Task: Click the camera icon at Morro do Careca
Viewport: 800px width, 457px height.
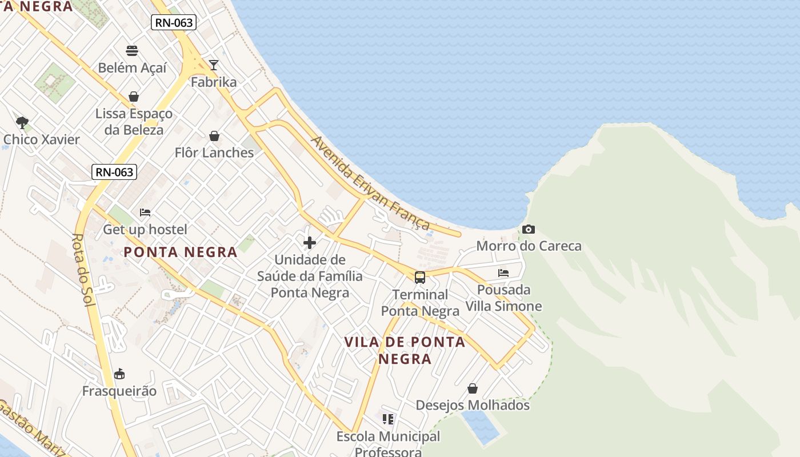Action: [x=529, y=230]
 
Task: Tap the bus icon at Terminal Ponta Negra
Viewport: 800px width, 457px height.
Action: [x=420, y=278]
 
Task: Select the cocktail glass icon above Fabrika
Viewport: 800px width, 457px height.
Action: [x=214, y=65]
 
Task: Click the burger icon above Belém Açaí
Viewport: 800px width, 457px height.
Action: [x=133, y=51]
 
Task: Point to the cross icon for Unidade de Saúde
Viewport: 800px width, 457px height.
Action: [x=310, y=243]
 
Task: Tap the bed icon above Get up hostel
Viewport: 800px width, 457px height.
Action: [x=145, y=213]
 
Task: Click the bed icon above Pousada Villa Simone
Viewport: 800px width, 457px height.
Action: [x=503, y=273]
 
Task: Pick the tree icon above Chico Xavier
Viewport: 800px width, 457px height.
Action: [x=22, y=122]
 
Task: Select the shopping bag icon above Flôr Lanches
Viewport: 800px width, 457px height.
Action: [x=214, y=136]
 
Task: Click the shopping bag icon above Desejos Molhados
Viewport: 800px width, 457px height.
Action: [x=473, y=388]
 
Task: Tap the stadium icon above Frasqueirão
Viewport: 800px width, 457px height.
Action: [x=119, y=374]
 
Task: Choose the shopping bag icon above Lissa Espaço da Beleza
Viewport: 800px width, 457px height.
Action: [x=134, y=97]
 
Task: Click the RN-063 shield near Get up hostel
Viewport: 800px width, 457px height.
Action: [x=114, y=172]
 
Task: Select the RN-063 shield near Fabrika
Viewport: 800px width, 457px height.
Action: [x=174, y=22]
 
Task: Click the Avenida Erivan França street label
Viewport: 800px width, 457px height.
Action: [x=370, y=182]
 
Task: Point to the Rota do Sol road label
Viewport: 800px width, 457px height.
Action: [x=84, y=270]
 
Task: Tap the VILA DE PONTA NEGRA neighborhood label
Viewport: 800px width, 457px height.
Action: [x=405, y=350]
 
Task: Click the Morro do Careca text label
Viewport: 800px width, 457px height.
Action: [x=529, y=246]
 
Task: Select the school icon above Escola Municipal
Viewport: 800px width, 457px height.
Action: [x=389, y=420]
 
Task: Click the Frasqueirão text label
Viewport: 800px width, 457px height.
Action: [x=119, y=391]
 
